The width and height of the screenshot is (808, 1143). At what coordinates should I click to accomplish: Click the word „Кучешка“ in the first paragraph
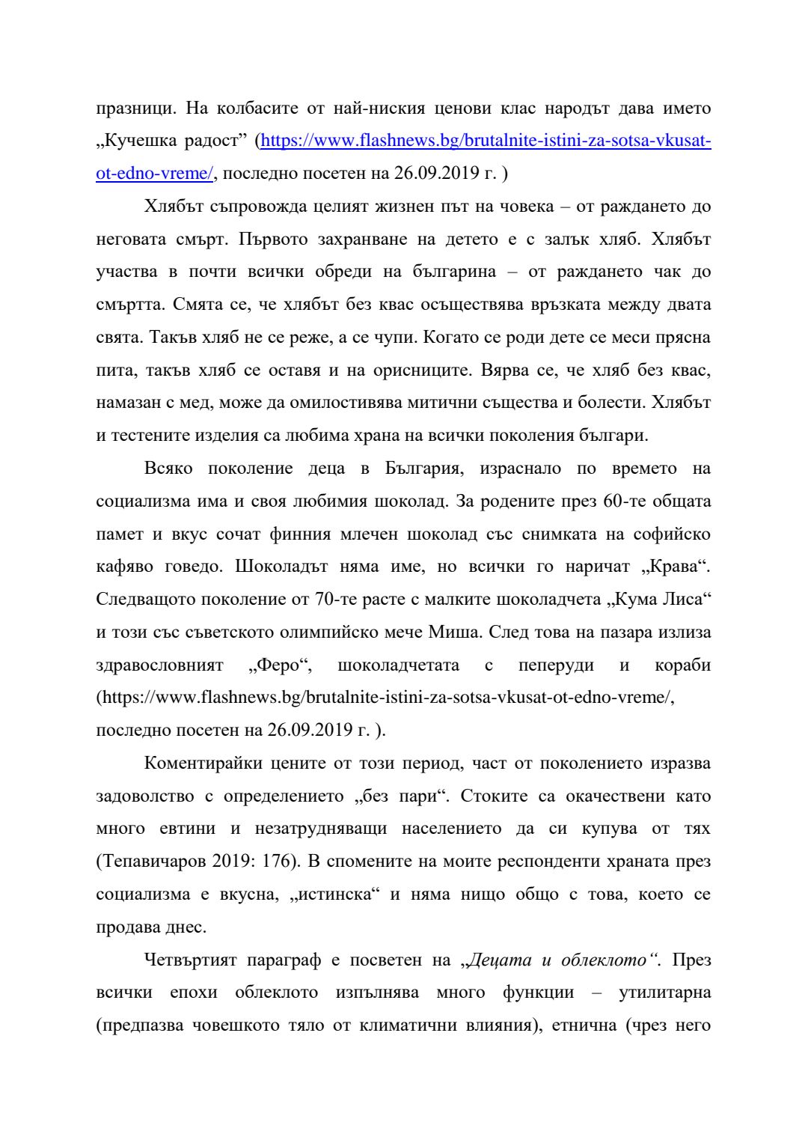click(x=137, y=141)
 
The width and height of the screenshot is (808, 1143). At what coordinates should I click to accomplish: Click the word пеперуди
click(x=556, y=665)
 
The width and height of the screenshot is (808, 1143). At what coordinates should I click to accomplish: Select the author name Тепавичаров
click(x=152, y=862)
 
